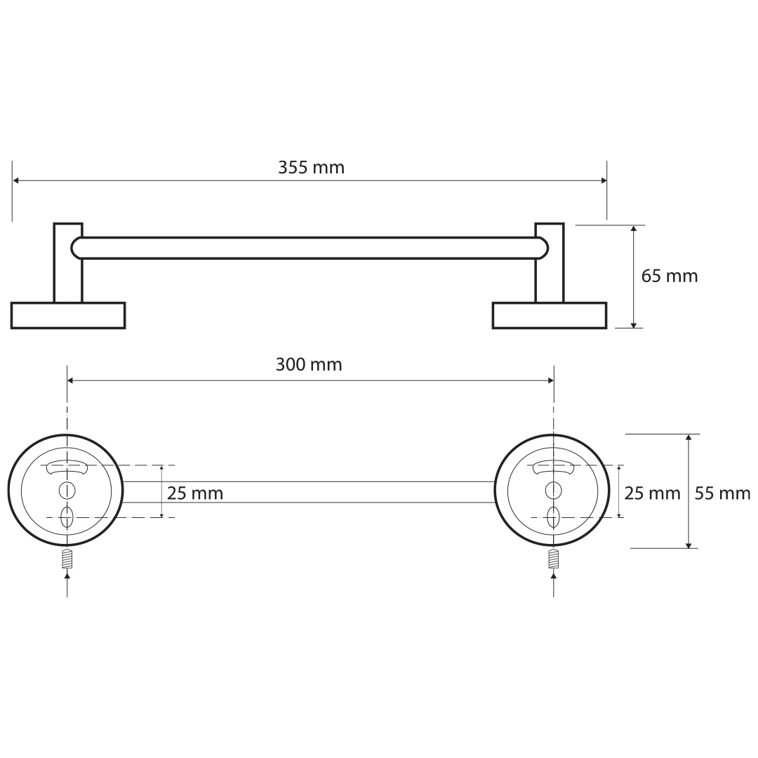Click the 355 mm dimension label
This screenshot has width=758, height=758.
pyautogui.click(x=312, y=167)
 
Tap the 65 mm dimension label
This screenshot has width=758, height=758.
pyautogui.click(x=670, y=276)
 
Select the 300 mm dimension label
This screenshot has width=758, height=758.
pyautogui.click(x=309, y=364)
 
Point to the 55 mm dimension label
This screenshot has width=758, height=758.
pyautogui.click(x=722, y=493)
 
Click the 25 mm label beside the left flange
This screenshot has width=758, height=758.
pyautogui.click(x=195, y=493)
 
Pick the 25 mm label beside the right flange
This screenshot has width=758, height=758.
pyautogui.click(x=652, y=493)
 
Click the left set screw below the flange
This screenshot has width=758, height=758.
pyautogui.click(x=67, y=559)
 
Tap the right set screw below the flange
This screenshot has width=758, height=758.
pyautogui.click(x=554, y=559)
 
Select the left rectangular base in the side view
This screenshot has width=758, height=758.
pyautogui.click(x=68, y=316)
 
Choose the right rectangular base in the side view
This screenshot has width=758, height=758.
pyautogui.click(x=550, y=316)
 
